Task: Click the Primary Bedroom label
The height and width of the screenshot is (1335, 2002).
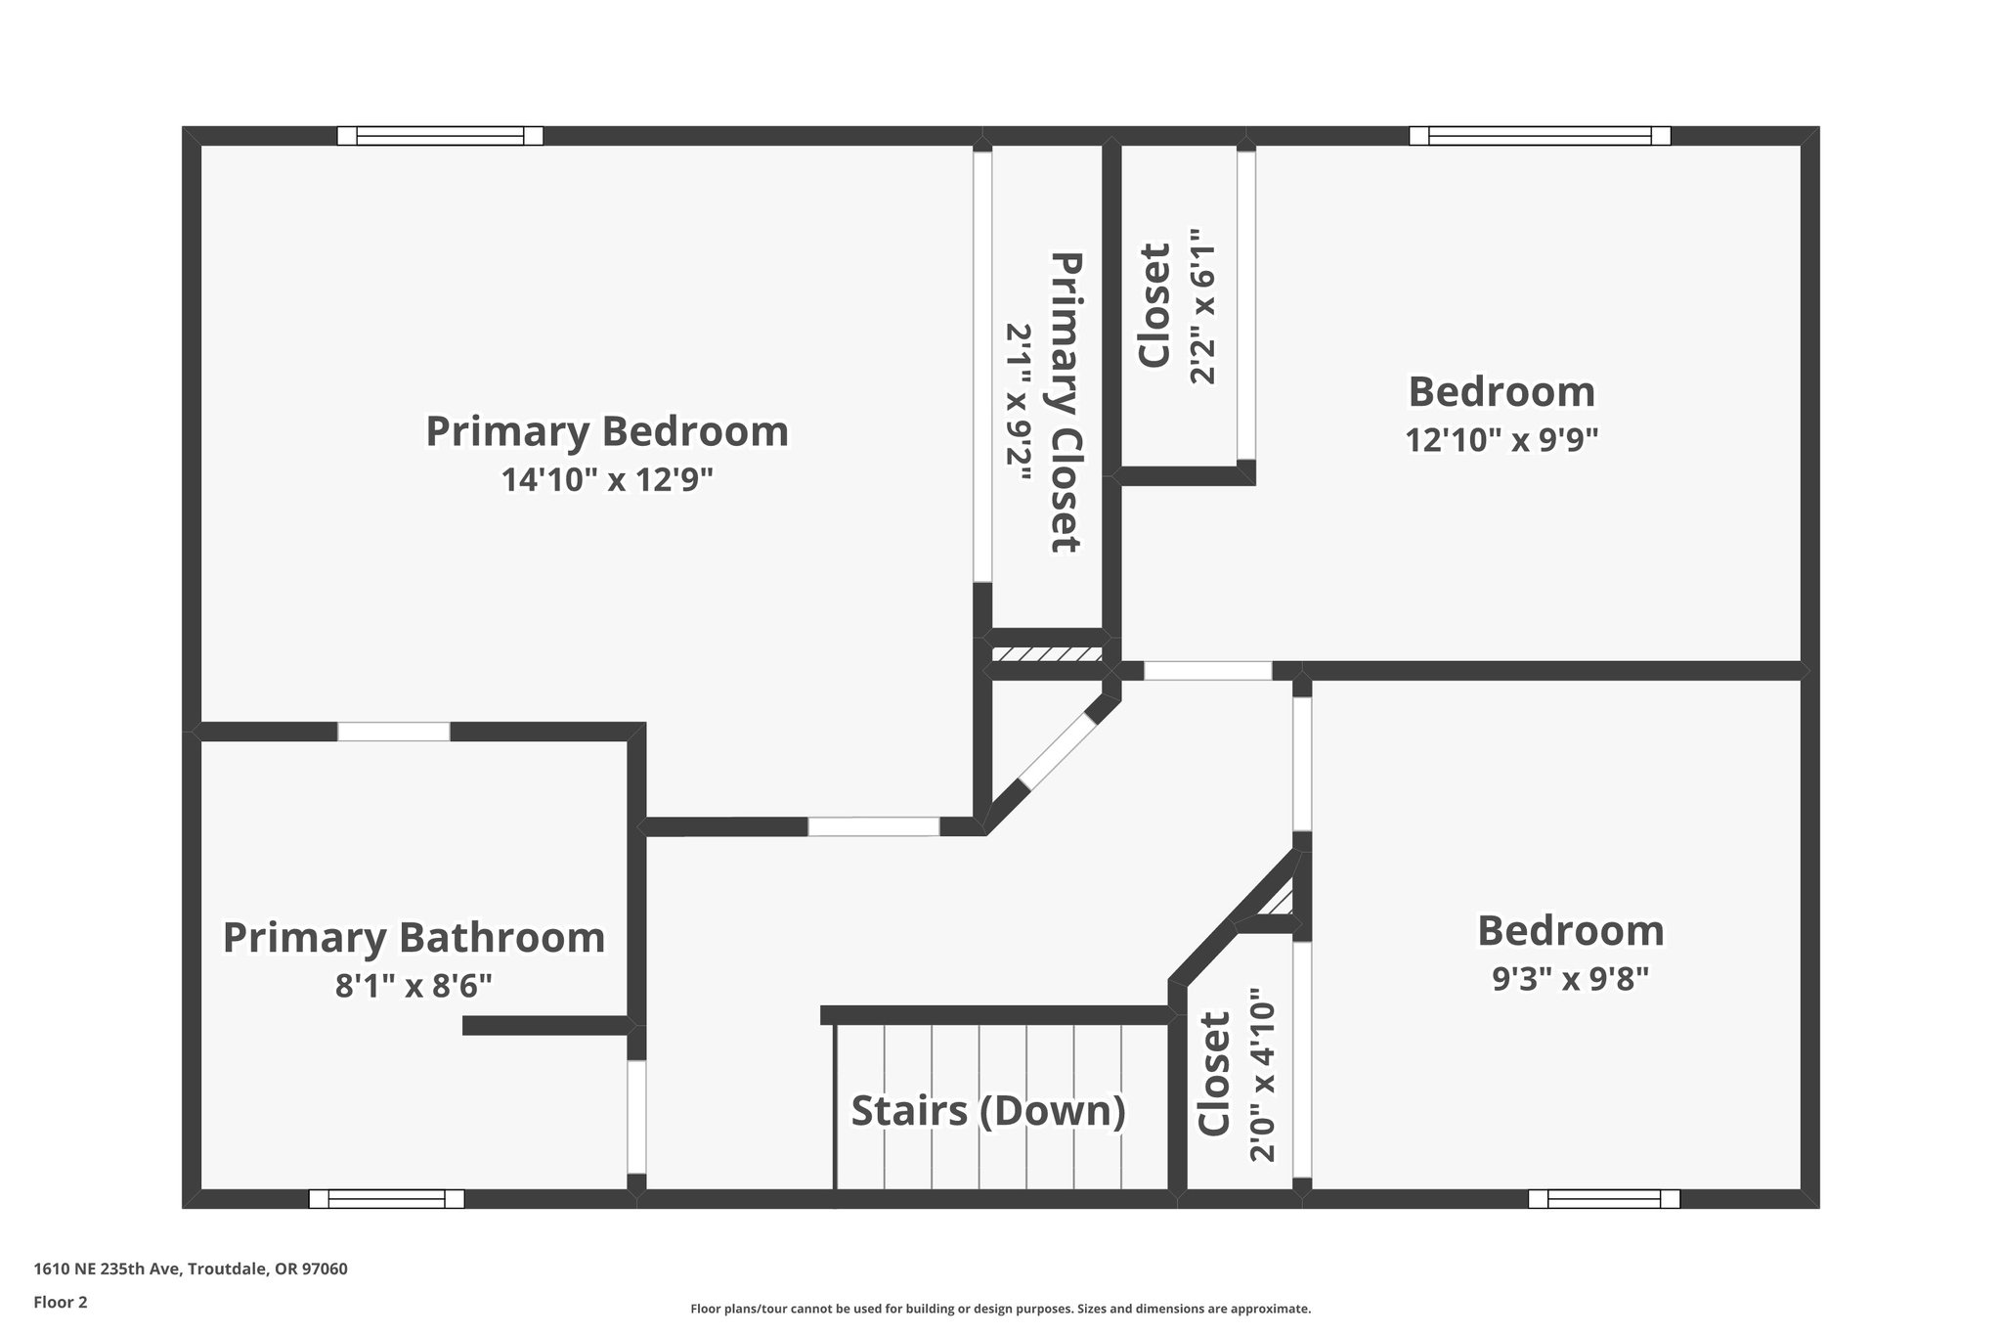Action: click(x=607, y=431)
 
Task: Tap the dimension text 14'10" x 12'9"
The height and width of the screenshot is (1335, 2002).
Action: click(x=607, y=480)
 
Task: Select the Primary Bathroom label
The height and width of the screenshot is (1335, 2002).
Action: click(x=413, y=937)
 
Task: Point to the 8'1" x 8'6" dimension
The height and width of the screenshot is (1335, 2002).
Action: click(x=413, y=985)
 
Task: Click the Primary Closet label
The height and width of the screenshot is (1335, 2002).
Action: click(x=1066, y=402)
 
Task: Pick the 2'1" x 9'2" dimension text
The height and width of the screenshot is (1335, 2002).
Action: click(x=1020, y=402)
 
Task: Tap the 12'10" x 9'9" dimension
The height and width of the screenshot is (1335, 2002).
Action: click(x=1501, y=440)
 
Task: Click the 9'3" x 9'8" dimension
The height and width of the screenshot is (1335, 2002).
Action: click(x=1570, y=978)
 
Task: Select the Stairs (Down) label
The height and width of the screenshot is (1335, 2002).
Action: click(x=988, y=1111)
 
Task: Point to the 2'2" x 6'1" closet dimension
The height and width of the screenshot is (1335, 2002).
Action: click(x=1201, y=306)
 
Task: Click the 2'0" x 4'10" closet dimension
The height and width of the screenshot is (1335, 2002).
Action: click(x=1263, y=1082)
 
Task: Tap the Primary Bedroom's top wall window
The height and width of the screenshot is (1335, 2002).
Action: click(x=440, y=136)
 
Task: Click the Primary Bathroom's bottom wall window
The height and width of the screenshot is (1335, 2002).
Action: click(x=386, y=1198)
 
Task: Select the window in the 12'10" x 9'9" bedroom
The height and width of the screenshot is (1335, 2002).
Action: click(x=1540, y=136)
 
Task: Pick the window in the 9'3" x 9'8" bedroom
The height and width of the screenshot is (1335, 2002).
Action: click(x=1604, y=1198)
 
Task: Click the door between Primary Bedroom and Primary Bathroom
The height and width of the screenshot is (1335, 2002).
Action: click(x=394, y=732)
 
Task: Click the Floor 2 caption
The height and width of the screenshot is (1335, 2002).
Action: click(x=61, y=1302)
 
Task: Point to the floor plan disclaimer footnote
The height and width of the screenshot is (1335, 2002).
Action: click(x=1000, y=1309)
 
